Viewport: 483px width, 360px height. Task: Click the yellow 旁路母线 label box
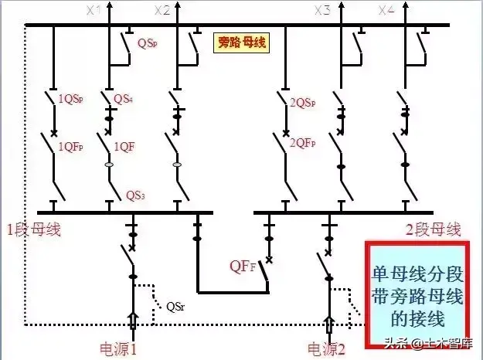coord(240,42)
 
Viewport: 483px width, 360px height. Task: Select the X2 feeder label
coord(162,10)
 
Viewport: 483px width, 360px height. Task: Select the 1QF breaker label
coord(126,145)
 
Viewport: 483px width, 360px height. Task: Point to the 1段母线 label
coord(34,229)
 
